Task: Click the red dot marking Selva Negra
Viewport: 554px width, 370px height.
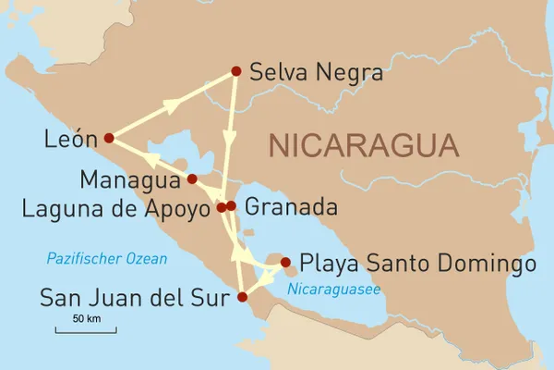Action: (236, 70)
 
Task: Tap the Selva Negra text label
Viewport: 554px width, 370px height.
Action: (316, 71)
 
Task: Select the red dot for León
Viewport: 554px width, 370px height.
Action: (109, 138)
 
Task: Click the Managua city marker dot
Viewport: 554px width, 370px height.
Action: (192, 179)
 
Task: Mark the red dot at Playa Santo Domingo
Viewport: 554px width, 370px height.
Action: (285, 262)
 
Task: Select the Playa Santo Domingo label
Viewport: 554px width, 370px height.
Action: (418, 264)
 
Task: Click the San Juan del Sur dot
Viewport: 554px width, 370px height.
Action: (243, 297)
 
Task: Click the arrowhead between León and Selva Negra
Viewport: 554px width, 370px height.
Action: (173, 105)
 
